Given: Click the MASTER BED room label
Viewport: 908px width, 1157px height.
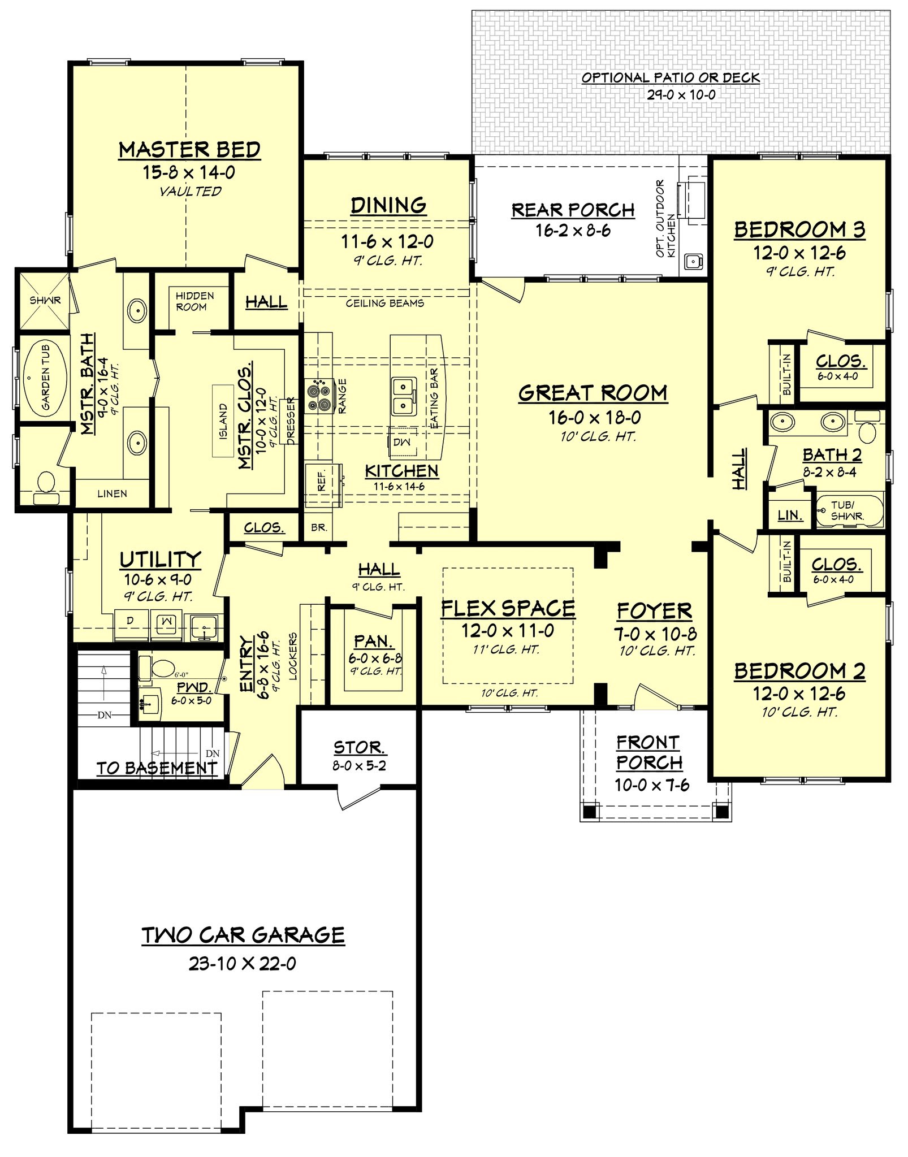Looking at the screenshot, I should pos(189,150).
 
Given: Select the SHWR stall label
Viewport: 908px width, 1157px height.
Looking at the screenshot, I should pos(45,300).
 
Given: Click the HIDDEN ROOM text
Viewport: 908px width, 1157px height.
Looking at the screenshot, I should pos(194,301).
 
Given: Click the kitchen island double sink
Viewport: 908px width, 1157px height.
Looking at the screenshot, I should pos(403,396).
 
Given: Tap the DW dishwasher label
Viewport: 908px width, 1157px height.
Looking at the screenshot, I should pos(402,441).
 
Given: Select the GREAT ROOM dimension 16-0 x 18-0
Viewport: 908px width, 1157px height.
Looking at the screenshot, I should pos(594,418).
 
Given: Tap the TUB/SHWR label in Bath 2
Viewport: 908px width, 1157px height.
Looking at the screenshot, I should pos(846,510).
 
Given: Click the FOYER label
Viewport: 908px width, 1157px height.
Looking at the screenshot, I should pos(654,611).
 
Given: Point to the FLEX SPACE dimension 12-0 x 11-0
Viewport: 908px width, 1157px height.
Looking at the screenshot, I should pos(508,631).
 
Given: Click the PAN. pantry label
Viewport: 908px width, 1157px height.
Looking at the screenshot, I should pos(373,642).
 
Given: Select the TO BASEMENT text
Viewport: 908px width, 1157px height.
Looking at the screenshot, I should pos(157,768).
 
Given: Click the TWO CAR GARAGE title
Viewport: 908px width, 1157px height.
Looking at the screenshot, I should pos(243,935).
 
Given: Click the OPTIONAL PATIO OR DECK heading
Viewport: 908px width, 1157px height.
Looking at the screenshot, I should pos(671,78).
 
